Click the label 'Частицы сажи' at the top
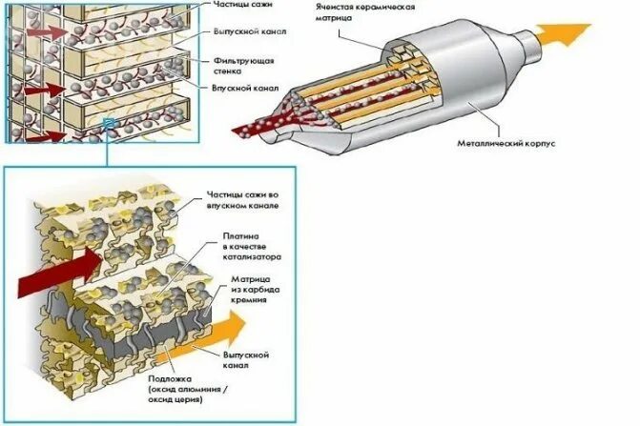tap(239, 8)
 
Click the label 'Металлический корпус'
tap(518, 144)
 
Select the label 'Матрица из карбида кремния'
tap(250, 288)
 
